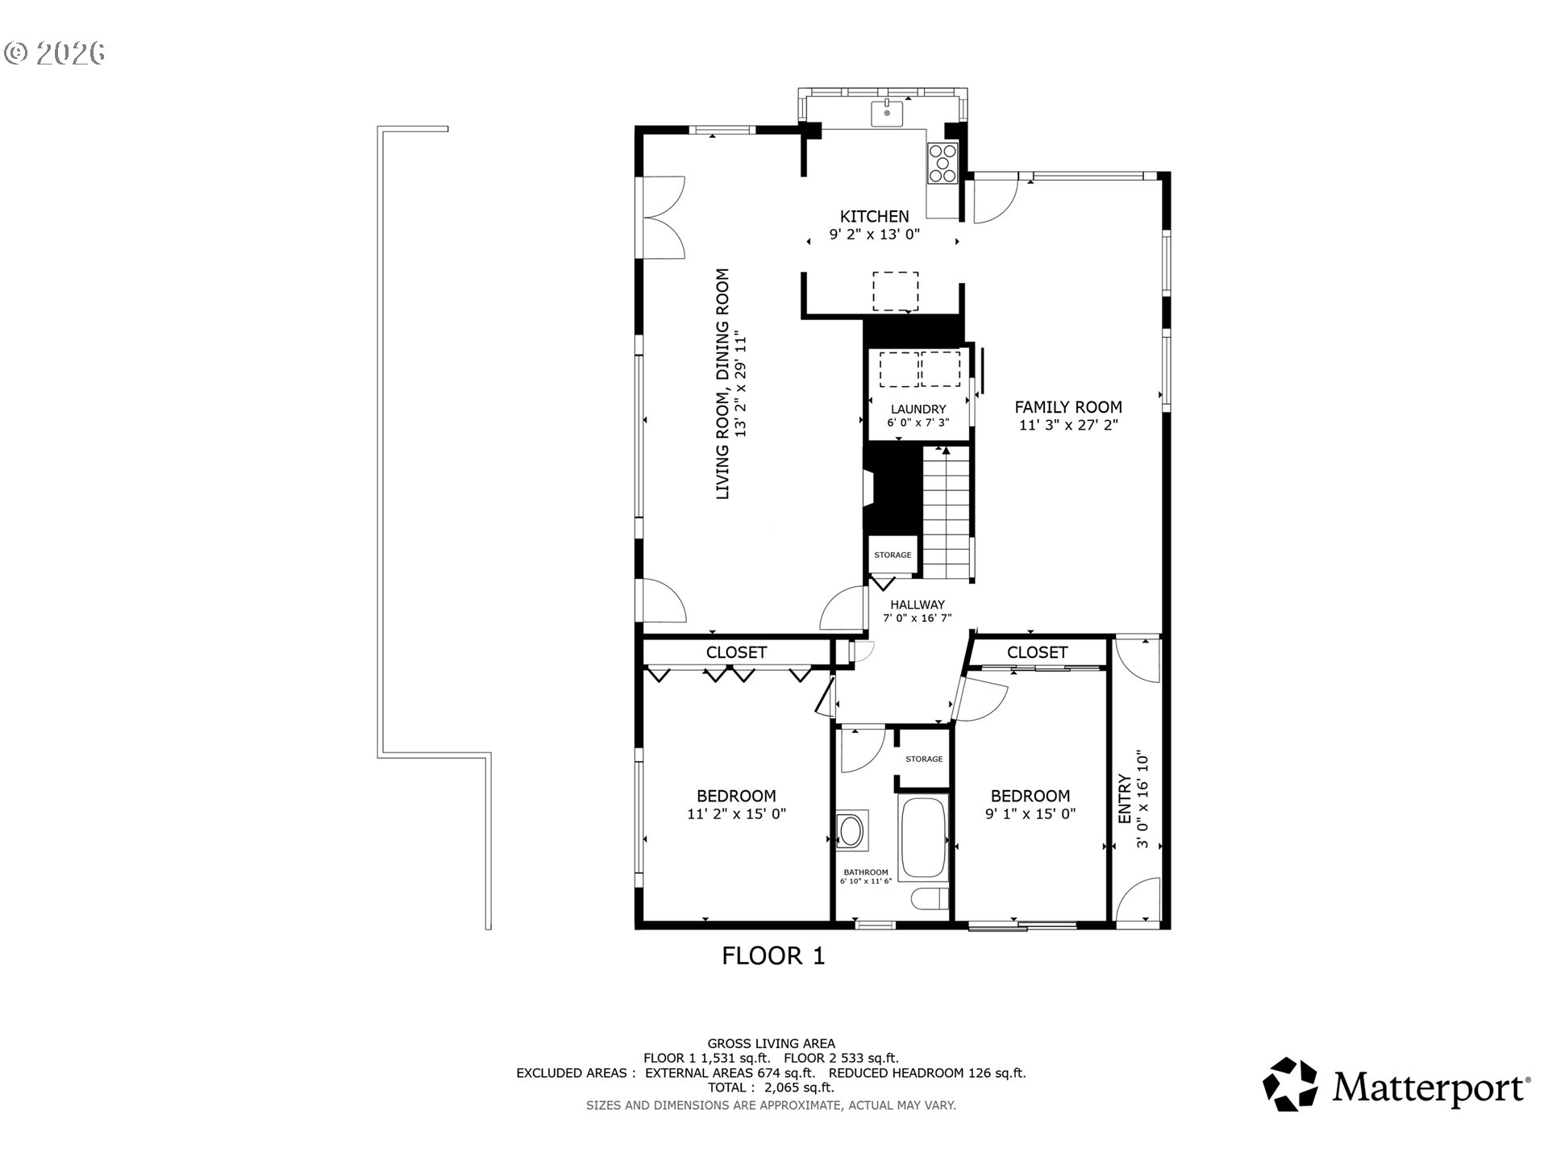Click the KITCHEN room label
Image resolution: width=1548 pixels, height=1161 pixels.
[875, 216]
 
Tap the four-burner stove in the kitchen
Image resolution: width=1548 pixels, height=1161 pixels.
[943, 163]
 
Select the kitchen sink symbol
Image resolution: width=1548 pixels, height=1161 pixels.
[887, 114]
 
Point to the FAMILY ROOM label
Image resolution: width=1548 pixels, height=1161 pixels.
[1068, 407]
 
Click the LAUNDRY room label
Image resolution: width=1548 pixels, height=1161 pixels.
[918, 410]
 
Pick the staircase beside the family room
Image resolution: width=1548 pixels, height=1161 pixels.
[946, 513]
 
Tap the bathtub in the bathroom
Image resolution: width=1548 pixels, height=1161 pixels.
[924, 837]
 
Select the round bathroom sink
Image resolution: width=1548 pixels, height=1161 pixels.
[851, 830]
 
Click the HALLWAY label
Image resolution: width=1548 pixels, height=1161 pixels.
[918, 605]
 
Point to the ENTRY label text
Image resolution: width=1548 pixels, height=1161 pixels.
[1125, 799]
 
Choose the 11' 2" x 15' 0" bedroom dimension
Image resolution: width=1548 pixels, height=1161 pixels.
[736, 814]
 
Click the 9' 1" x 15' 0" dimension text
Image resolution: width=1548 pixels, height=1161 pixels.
[1030, 814]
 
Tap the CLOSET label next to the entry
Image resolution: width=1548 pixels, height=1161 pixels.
[1037, 652]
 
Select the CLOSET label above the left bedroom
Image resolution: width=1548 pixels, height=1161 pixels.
[736, 652]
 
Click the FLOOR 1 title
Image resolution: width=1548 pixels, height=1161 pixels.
[773, 956]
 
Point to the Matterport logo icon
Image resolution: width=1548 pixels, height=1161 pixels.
[1290, 1085]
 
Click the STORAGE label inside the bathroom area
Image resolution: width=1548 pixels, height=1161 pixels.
[924, 759]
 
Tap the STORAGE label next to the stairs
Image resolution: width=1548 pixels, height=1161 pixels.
[893, 555]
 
